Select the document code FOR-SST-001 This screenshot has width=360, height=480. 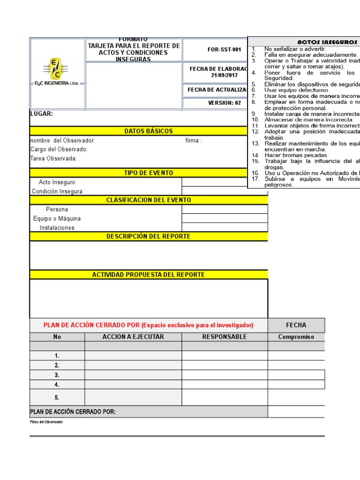(224, 49)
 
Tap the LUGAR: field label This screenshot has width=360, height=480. (42, 114)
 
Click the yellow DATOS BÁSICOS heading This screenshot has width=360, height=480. (149, 131)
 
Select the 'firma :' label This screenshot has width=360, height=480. (194, 141)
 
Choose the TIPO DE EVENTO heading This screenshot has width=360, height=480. (149, 173)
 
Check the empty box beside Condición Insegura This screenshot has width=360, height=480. (225, 191)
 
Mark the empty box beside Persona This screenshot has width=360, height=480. (225, 209)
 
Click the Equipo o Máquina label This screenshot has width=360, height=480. (57, 218)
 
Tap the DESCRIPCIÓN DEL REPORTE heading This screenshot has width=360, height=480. (149, 236)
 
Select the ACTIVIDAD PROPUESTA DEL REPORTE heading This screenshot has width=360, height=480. (149, 275)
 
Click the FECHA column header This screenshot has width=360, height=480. (296, 325)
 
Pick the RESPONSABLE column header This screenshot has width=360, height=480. (225, 337)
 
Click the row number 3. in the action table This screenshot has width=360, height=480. (57, 375)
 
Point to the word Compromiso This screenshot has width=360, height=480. (296, 337)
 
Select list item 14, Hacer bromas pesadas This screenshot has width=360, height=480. (296, 155)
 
